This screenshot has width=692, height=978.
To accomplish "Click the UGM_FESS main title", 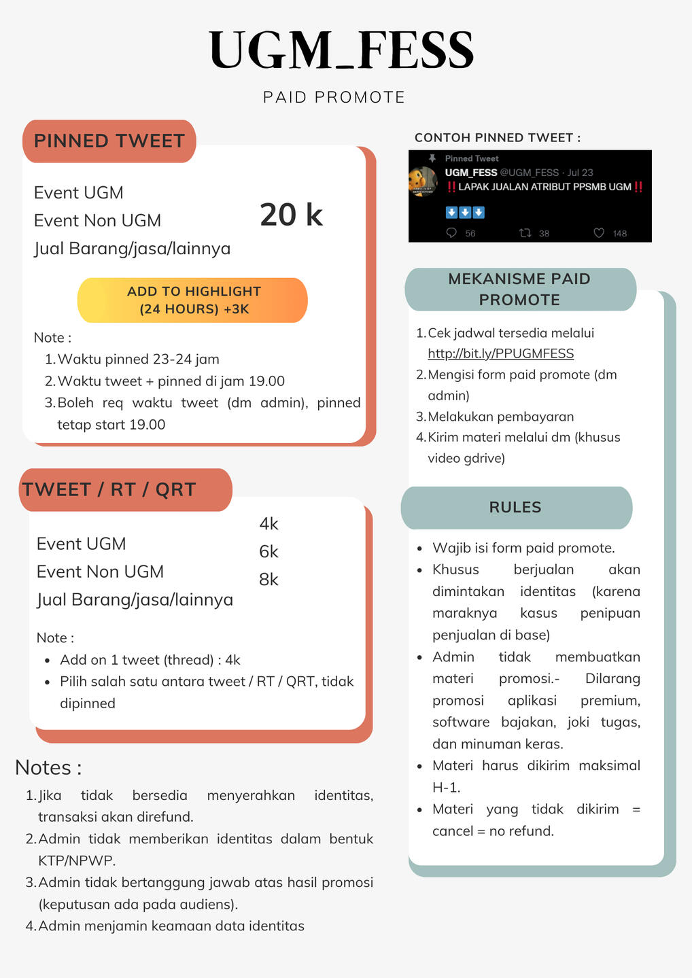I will [x=341, y=50].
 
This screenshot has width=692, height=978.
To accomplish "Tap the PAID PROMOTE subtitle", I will [x=334, y=97].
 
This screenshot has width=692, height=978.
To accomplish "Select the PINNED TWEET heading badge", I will [x=109, y=141].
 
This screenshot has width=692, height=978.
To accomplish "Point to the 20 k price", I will [x=291, y=215].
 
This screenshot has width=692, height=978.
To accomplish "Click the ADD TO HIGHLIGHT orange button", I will [x=193, y=300].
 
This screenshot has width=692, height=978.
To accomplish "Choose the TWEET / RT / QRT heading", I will [x=109, y=489].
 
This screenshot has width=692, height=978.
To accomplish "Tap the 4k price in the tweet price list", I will [x=269, y=523].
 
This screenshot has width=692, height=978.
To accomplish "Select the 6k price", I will [x=269, y=551].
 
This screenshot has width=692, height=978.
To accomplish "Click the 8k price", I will [x=269, y=579].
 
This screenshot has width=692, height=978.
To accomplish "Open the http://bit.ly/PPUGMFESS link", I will [x=500, y=353].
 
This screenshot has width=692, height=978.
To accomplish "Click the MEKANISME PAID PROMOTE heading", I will [x=519, y=289].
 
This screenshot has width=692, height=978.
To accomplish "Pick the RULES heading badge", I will [x=515, y=507].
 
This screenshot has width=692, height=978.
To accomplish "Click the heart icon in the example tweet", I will [x=599, y=233].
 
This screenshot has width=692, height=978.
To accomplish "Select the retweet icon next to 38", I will [x=525, y=233].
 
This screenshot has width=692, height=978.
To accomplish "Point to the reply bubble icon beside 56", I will [x=451, y=233].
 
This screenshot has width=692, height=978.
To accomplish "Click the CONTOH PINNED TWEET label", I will [x=498, y=137].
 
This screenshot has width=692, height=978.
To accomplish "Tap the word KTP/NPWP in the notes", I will [x=77, y=860].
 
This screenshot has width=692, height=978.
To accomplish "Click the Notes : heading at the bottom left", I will [x=48, y=767].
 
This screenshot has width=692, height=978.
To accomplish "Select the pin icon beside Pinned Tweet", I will [x=432, y=158].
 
